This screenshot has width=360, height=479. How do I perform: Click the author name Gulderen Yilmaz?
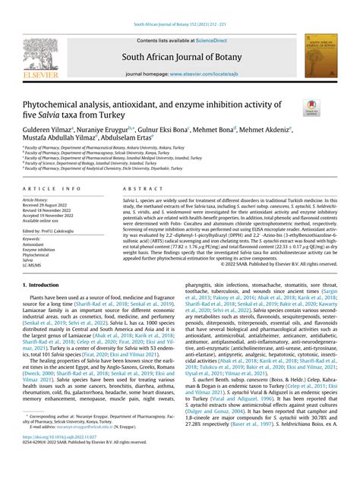click(x=46, y=129)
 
